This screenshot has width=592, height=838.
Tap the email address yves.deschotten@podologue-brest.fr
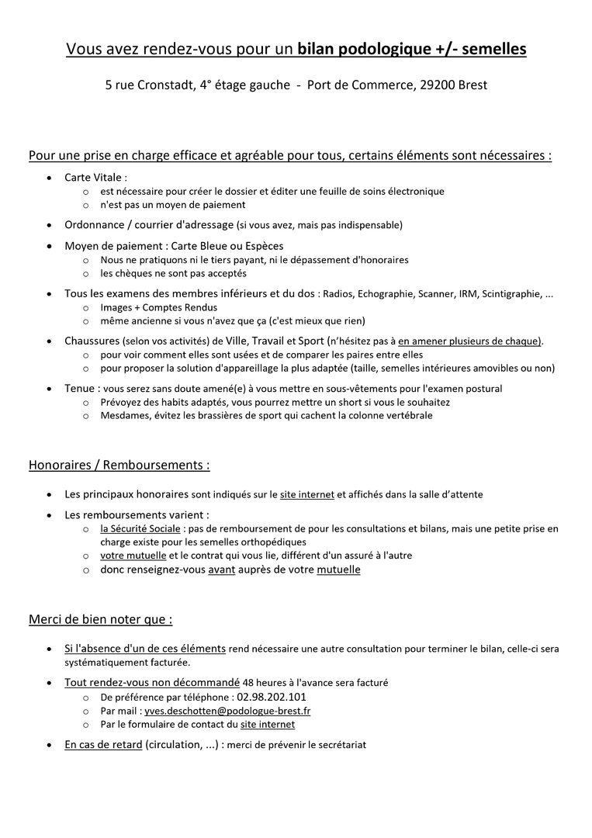point(228,711)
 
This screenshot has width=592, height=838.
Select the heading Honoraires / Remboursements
point(119,466)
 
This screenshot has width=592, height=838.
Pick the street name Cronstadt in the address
point(166,85)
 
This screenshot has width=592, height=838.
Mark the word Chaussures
point(92,341)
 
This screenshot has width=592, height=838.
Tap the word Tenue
point(79,388)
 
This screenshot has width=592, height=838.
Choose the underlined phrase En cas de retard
point(103,745)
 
